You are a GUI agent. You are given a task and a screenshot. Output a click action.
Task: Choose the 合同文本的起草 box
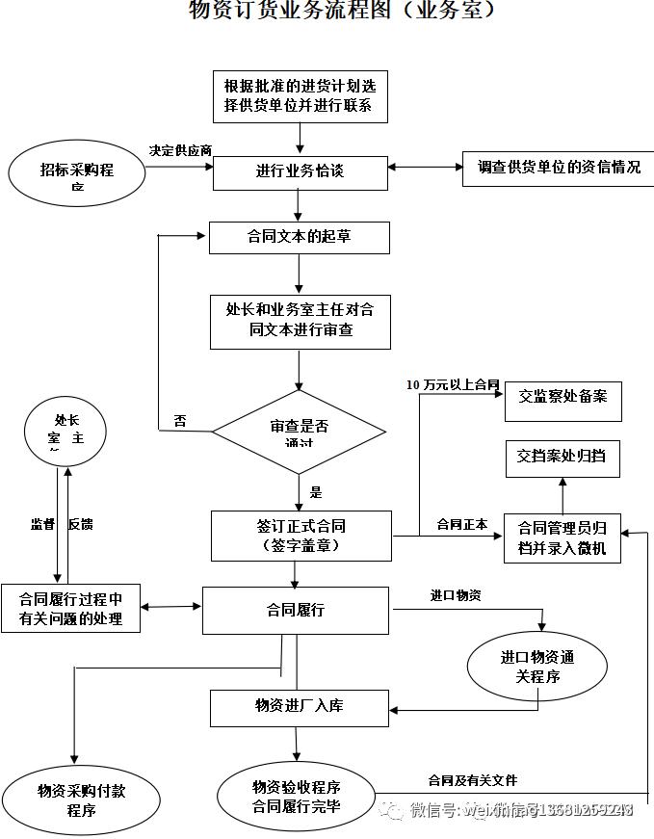point(299,237)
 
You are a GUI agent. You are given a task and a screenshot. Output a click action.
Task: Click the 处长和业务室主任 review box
point(301,321)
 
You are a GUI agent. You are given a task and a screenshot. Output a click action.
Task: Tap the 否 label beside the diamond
point(180,421)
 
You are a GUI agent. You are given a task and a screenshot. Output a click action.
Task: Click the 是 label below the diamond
point(316,492)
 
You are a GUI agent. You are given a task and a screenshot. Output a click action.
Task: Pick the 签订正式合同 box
point(301,536)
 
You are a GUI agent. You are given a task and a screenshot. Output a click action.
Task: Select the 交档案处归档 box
point(562,457)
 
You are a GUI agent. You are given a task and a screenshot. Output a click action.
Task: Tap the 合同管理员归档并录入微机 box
point(562,537)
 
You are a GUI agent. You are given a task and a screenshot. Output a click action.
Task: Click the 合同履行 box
point(296,610)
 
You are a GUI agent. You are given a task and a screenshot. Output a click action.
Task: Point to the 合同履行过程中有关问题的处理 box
point(70,609)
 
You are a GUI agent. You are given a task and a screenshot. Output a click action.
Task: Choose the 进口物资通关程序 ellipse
point(536,667)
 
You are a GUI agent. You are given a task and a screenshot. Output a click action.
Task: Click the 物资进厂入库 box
point(299,707)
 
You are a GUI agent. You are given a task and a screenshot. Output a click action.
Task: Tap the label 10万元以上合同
point(453,384)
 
